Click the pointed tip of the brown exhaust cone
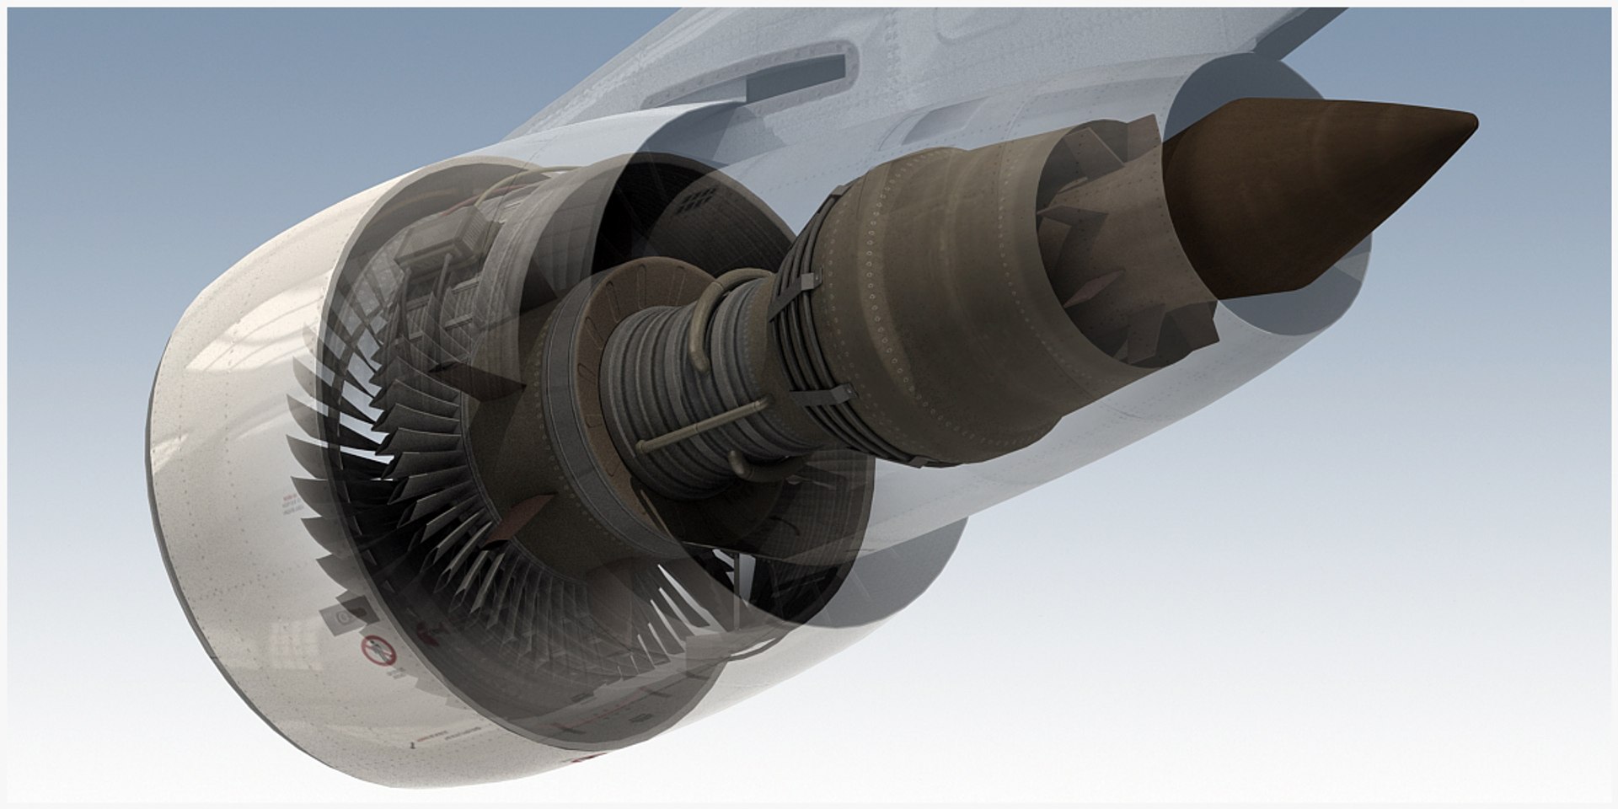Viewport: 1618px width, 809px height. point(1473,123)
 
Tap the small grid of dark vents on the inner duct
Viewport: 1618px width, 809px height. point(699,199)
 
